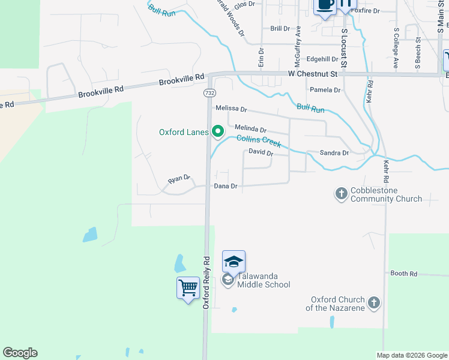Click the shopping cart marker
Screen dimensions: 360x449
pos(188,288)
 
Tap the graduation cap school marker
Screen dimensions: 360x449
pos(234,262)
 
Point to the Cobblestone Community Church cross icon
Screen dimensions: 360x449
pos(341,193)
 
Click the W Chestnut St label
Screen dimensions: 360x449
pos(312,74)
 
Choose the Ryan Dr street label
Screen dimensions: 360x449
pos(179,179)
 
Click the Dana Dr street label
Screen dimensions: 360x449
pos(226,187)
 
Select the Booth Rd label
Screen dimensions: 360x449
pos(403,274)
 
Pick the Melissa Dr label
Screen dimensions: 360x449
pos(231,109)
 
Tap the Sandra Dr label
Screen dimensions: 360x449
pos(334,153)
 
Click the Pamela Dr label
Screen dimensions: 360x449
pos(325,90)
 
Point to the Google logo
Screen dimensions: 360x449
pos(20,353)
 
